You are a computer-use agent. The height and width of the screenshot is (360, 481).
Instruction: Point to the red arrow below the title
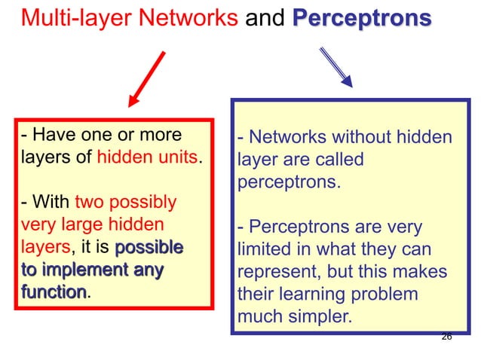[147, 78]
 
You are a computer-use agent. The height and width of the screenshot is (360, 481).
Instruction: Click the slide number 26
[446, 337]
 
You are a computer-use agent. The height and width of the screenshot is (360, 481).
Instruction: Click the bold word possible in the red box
[149, 246]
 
